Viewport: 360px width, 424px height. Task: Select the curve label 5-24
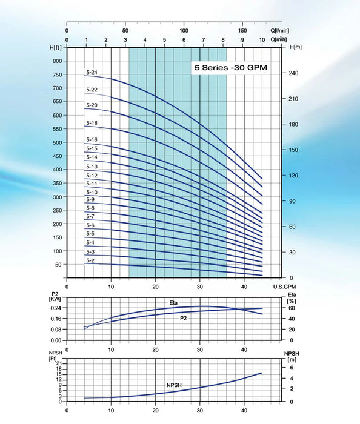[x=92, y=73]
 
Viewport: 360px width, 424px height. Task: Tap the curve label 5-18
[x=92, y=123]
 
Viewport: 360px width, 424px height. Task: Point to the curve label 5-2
[x=90, y=260]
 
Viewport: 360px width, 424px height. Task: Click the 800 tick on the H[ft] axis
[x=58, y=61]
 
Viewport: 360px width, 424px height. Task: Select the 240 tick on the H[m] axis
[x=294, y=73]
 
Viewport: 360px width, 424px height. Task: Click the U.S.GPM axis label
[x=284, y=287]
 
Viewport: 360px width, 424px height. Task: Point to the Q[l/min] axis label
[x=280, y=30]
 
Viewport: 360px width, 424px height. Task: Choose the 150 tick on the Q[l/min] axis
[x=242, y=30]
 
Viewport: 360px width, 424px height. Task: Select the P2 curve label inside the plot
[x=183, y=318]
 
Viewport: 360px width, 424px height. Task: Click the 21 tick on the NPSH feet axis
[x=58, y=362]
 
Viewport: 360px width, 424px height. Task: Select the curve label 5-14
[x=92, y=157]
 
